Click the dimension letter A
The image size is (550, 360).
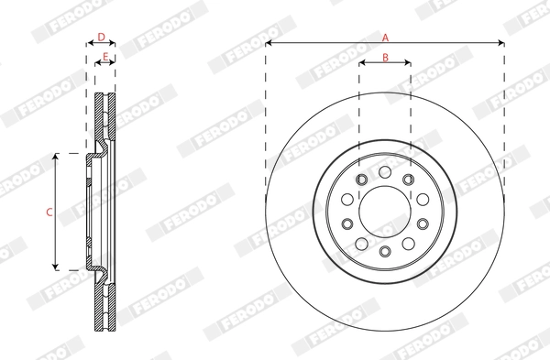385,38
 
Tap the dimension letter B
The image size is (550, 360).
385,57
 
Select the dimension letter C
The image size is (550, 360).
49,212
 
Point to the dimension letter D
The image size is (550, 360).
101,38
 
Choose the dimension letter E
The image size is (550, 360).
105,57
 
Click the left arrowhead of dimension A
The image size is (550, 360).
269,43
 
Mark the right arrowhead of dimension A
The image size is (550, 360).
501,43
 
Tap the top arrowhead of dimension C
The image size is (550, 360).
58,157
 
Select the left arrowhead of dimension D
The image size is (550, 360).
88,43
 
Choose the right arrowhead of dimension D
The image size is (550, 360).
114,43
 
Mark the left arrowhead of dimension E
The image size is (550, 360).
97,63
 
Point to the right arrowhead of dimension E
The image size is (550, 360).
114,63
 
